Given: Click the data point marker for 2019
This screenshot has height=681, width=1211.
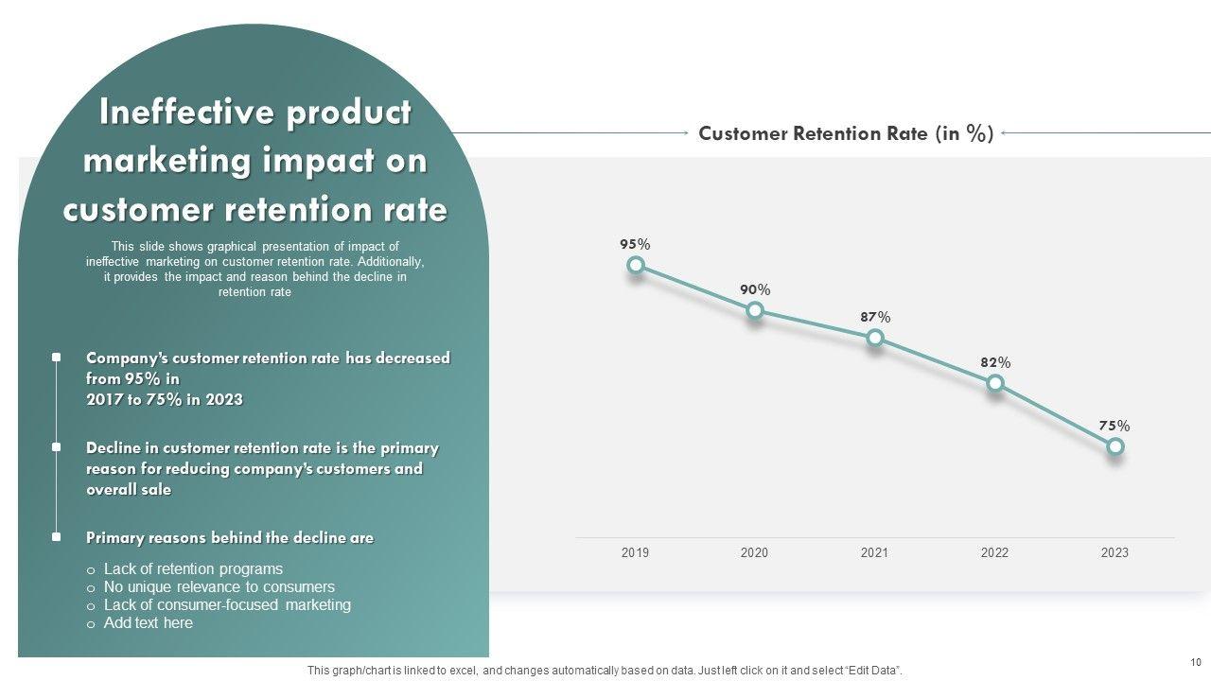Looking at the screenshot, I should [636, 266].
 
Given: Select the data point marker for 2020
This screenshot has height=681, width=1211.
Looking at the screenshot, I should [755, 310].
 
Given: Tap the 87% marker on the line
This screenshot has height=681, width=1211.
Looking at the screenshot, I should [875, 338].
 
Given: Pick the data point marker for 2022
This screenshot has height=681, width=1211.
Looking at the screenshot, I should [995, 383].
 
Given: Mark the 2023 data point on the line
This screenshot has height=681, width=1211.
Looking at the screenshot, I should [1115, 446].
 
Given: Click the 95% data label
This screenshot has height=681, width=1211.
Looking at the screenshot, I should [635, 244].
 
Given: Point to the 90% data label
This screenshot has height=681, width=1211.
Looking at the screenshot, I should [755, 289].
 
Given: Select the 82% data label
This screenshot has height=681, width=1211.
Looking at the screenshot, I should [995, 362].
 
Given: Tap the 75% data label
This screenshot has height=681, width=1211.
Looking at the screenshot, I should [1114, 426].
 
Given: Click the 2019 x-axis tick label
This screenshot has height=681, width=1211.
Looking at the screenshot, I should [635, 552].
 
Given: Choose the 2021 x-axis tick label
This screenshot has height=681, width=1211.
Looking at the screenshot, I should [874, 552].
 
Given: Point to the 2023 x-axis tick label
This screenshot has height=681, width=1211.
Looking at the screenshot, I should [1114, 552].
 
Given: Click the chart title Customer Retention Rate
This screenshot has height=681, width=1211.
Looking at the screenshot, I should [846, 133].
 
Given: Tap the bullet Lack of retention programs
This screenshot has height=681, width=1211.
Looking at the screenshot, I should [193, 569].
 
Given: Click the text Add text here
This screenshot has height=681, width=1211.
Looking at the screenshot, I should [148, 623].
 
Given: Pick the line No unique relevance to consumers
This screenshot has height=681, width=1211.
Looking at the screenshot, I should [219, 587].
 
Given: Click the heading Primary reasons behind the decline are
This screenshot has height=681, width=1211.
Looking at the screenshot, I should [230, 538].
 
